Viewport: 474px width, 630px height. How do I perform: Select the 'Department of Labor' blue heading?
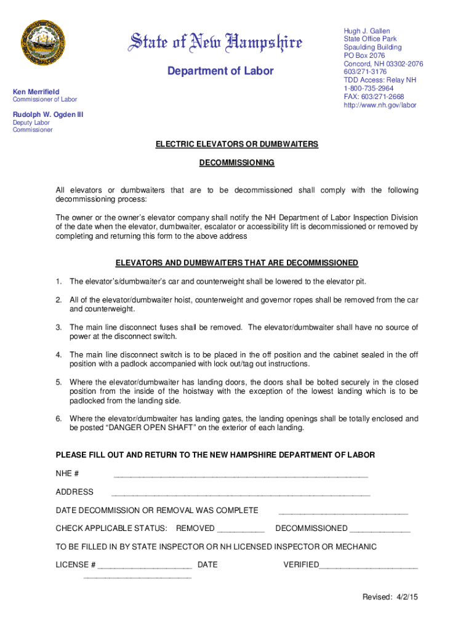pos(220,71)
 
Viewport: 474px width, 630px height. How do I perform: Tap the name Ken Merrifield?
pos(36,91)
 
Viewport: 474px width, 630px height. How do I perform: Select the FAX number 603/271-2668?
pos(374,97)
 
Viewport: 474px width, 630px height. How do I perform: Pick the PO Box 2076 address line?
pos(364,56)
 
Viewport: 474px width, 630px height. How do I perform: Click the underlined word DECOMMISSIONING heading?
pos(237,163)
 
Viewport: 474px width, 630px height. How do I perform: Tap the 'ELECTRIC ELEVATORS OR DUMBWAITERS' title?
pos(237,144)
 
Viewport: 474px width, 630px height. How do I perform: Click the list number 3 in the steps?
pos(59,327)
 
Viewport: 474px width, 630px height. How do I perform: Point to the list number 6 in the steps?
pos(59,419)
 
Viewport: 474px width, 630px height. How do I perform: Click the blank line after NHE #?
pos(240,475)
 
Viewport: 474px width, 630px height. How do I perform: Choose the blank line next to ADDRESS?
pos(241,493)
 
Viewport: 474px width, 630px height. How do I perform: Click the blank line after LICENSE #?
pos(145,566)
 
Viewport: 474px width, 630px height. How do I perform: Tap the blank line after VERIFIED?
pos(369,566)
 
